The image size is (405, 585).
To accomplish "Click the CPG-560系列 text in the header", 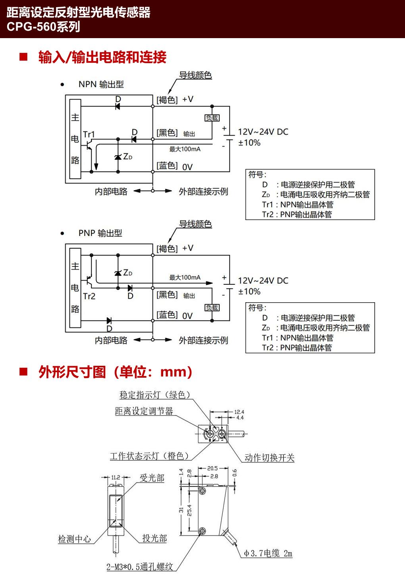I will pos(43,27).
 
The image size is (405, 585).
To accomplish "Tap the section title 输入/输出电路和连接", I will pos(102,57).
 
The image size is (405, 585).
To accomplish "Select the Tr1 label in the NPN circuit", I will pos(89,134).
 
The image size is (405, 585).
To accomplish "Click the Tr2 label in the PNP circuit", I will pos(89,296).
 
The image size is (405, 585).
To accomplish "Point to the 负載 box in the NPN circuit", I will pos(212,118).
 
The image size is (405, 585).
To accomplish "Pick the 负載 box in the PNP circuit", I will pos(212,308).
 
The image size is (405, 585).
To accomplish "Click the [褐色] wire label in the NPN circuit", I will pos(167,100).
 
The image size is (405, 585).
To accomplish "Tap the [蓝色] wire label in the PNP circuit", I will pos(167,315).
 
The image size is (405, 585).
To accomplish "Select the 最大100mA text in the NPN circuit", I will pos(185,149).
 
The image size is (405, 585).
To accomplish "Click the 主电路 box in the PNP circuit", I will pos(75,288).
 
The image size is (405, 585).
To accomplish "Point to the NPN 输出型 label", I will pos(101,84).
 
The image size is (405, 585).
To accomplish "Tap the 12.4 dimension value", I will pos(239,412).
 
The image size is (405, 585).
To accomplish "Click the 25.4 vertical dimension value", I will pos(189,510).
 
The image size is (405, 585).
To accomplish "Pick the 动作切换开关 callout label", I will pos(269,458).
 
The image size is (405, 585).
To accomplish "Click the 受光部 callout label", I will pos(152,478).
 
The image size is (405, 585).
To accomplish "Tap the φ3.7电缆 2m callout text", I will pos(268,553).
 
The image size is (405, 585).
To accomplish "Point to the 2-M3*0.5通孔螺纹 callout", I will pos(140,567).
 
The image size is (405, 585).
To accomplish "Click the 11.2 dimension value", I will pos(116,477).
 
